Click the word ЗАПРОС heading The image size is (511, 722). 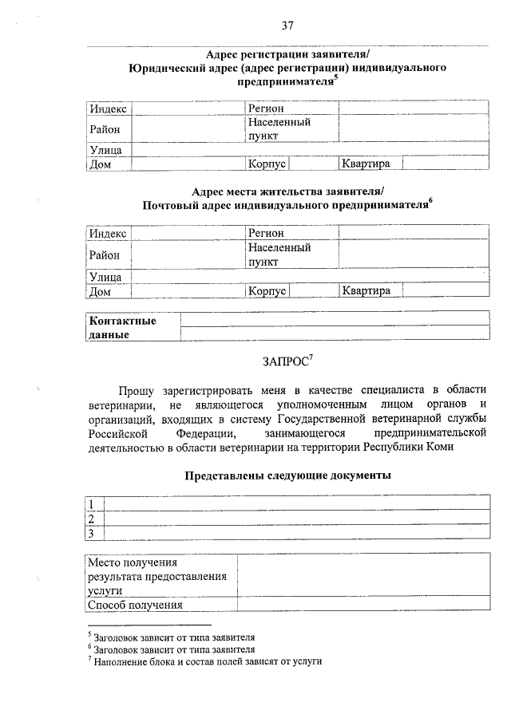286,361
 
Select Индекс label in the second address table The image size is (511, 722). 107,234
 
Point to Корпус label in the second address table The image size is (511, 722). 267,291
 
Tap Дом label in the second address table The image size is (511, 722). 100,292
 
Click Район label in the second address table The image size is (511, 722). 105,255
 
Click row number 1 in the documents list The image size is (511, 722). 92,503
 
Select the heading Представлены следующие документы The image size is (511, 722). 287,475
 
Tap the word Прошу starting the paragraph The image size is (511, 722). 137,390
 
